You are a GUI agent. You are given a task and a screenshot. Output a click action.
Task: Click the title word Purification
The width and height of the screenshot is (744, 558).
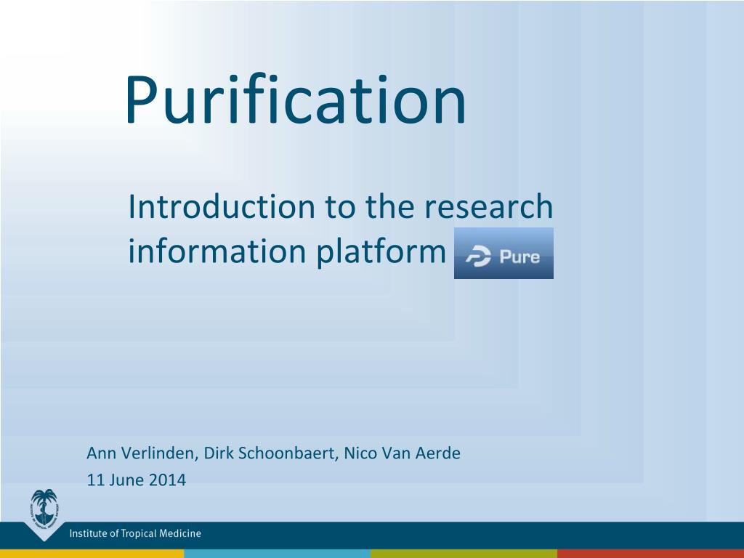click(295, 100)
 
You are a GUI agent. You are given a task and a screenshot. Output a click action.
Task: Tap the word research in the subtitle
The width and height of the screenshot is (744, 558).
click(488, 206)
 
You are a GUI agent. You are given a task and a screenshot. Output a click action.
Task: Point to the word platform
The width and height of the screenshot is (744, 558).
click(381, 251)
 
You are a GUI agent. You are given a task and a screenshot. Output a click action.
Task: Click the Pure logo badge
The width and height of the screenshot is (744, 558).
click(504, 253)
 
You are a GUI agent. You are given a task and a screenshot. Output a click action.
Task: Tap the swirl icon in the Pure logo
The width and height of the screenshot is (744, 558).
click(478, 256)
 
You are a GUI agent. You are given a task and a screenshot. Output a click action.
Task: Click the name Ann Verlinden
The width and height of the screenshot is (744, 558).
click(140, 453)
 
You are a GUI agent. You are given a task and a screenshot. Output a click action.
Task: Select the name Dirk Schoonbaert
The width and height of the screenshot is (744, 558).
click(269, 453)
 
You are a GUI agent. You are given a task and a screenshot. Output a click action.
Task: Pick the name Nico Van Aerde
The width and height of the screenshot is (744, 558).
click(402, 453)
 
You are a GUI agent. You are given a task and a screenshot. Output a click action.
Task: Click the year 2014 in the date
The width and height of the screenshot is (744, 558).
click(167, 480)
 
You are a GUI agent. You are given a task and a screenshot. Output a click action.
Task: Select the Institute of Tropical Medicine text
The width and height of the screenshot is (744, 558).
click(135, 533)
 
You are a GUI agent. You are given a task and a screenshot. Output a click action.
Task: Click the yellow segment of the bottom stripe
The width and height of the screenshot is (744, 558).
click(92, 554)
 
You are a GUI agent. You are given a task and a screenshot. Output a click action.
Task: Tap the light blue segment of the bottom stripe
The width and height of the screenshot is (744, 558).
click(277, 554)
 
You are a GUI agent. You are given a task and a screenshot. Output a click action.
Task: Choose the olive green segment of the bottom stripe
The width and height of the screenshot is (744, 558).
click(464, 554)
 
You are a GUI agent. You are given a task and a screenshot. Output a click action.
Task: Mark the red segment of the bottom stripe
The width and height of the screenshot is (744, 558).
click(650, 554)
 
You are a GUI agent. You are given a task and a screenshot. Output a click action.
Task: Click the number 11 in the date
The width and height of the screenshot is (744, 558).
click(95, 480)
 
